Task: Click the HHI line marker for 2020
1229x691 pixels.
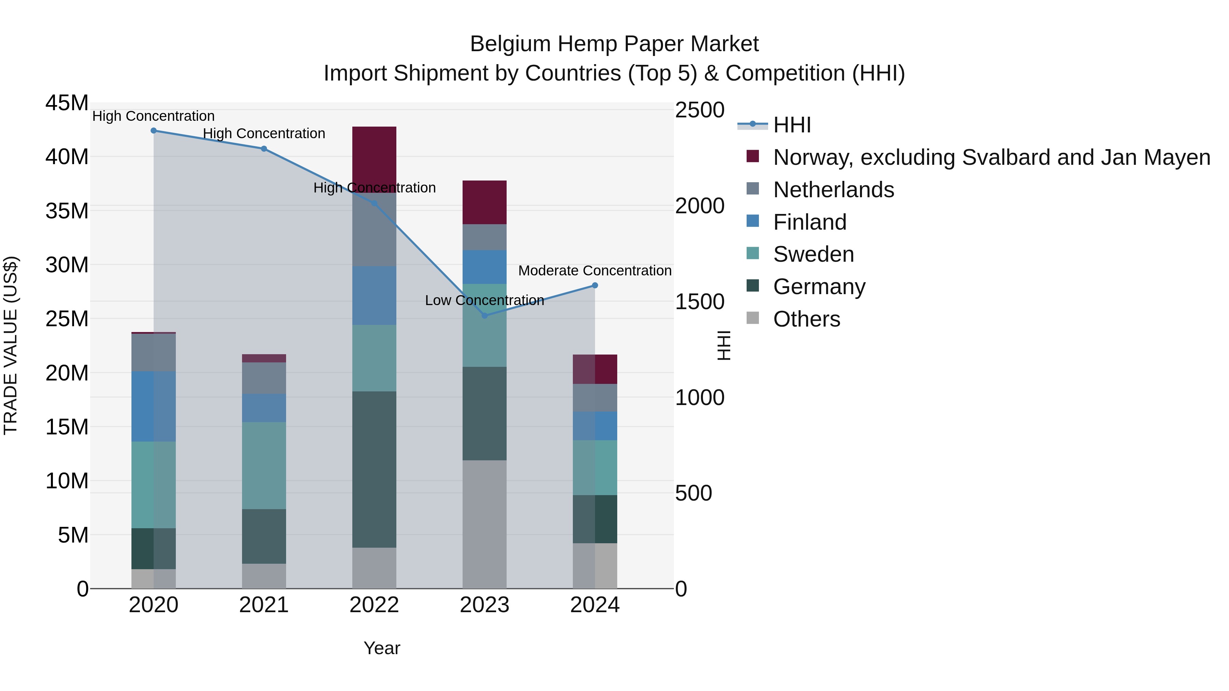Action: click(x=154, y=131)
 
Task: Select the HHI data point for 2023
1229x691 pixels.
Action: click(x=485, y=316)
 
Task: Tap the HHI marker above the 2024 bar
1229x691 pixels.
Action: click(x=595, y=286)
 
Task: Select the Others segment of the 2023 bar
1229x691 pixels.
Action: click(x=485, y=524)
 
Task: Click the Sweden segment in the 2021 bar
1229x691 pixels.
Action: click(x=264, y=465)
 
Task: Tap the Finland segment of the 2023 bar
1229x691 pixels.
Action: click(x=485, y=267)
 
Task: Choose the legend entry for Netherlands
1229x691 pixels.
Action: click(x=833, y=190)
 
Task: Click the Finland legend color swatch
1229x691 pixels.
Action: click(x=752, y=221)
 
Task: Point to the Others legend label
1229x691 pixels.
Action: click(x=806, y=319)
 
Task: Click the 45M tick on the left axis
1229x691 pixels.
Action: click(x=67, y=103)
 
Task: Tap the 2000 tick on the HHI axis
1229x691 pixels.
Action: click(x=700, y=206)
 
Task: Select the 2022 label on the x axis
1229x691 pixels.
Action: click(x=374, y=605)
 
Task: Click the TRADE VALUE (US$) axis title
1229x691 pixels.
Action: click(x=11, y=345)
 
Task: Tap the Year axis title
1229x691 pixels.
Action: click(x=382, y=648)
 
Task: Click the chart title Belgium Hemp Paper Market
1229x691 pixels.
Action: click(x=614, y=44)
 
